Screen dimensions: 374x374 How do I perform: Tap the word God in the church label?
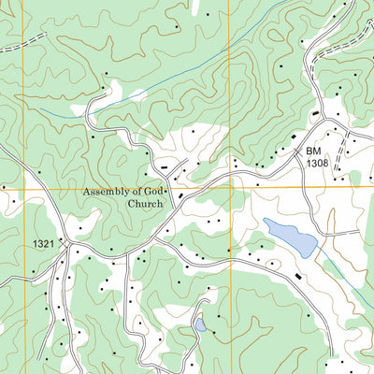pyautogui.click(x=153, y=192)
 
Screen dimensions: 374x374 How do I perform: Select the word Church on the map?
pyautogui.click(x=145, y=203)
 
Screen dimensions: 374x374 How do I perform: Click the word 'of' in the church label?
pyautogui.click(x=137, y=192)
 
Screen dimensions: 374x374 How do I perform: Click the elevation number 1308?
pyautogui.click(x=318, y=164)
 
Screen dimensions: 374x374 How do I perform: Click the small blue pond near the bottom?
pyautogui.click(x=200, y=325)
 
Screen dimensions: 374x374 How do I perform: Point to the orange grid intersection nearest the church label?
pyautogui.click(x=230, y=189)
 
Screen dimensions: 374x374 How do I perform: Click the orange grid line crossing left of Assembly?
pyautogui.click(x=23, y=189)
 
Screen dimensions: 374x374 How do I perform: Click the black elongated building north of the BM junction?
pyautogui.click(x=316, y=113)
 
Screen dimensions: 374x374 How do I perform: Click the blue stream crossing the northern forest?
pyautogui.click(x=168, y=84)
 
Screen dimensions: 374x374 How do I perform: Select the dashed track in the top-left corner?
pyautogui.click(x=23, y=42)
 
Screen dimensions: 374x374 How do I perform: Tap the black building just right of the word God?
pyautogui.click(x=171, y=195)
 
